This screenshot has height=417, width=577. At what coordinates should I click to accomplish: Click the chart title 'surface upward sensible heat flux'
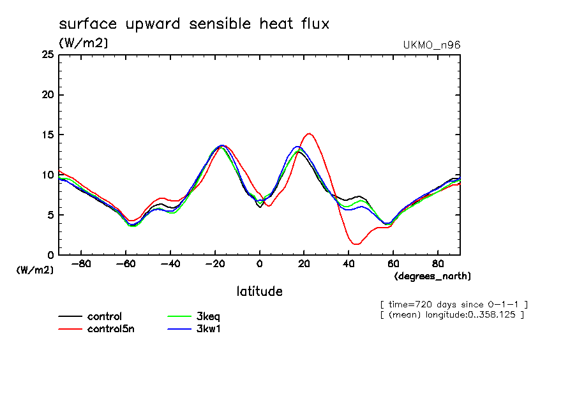coord(194,25)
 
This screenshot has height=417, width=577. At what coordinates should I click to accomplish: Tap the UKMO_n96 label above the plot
coord(431,45)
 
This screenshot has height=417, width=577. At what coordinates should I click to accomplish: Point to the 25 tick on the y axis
coord(47,55)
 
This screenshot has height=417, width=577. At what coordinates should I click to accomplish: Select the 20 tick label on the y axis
coord(47,95)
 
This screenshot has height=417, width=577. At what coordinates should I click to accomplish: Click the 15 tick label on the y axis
coord(47,135)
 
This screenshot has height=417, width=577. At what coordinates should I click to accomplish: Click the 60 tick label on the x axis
coord(393,263)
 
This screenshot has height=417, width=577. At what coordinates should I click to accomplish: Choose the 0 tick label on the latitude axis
coord(259,263)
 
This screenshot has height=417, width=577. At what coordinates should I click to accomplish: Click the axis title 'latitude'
coord(259,291)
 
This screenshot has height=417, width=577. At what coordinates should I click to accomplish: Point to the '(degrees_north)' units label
coord(432,276)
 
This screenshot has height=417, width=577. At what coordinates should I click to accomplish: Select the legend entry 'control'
coord(105,316)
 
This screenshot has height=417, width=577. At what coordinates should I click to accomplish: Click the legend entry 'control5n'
coord(110,329)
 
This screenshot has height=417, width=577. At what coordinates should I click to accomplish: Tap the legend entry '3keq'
coord(208,316)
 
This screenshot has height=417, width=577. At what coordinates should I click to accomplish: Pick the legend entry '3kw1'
coord(208,329)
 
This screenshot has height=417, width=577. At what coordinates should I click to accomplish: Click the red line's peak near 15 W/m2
coord(309,134)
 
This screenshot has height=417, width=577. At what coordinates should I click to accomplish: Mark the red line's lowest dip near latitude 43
coord(356,244)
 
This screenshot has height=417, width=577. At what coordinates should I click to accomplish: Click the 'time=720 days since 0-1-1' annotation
coord(453,304)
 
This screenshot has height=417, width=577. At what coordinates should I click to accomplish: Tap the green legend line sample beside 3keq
coord(179,316)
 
